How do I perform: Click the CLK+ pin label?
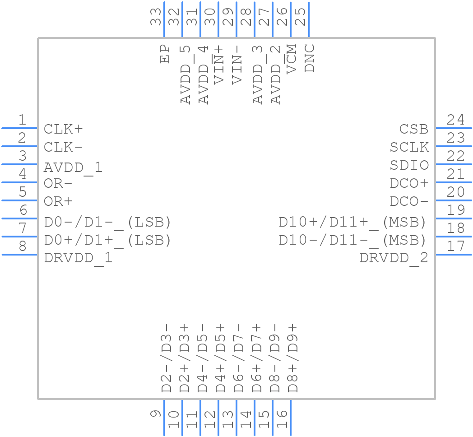click(x=63, y=129)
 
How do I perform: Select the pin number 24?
click(x=455, y=120)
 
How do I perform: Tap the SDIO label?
click(x=409, y=165)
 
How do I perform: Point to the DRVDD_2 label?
click(x=394, y=258)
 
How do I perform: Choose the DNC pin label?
click(x=310, y=58)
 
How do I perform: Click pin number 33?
click(x=156, y=17)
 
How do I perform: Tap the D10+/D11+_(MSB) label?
click(x=352, y=222)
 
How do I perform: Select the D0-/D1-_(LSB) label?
click(x=107, y=222)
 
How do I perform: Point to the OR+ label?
click(x=58, y=201)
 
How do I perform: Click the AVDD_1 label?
click(x=73, y=168)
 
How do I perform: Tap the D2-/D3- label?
click(x=167, y=358)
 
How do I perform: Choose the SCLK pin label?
click(x=409, y=147)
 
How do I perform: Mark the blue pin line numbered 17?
click(x=454, y=255)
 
